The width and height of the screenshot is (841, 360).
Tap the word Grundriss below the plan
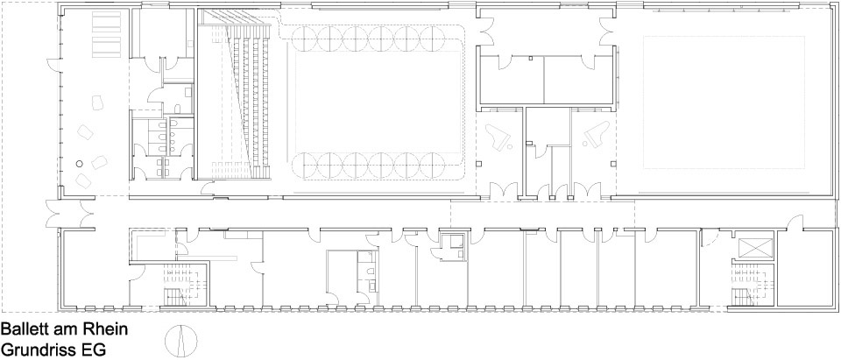point(38,349)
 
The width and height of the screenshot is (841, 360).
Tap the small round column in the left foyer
point(80,164)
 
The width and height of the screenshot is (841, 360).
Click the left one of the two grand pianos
point(498,137)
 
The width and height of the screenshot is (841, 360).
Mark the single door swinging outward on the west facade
point(56,64)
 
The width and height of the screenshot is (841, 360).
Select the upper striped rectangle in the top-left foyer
point(107,22)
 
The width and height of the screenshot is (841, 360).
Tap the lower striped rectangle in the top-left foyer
point(107,46)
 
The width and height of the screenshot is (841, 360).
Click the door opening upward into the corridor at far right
point(795,222)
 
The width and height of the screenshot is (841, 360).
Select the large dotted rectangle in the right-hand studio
point(724,102)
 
